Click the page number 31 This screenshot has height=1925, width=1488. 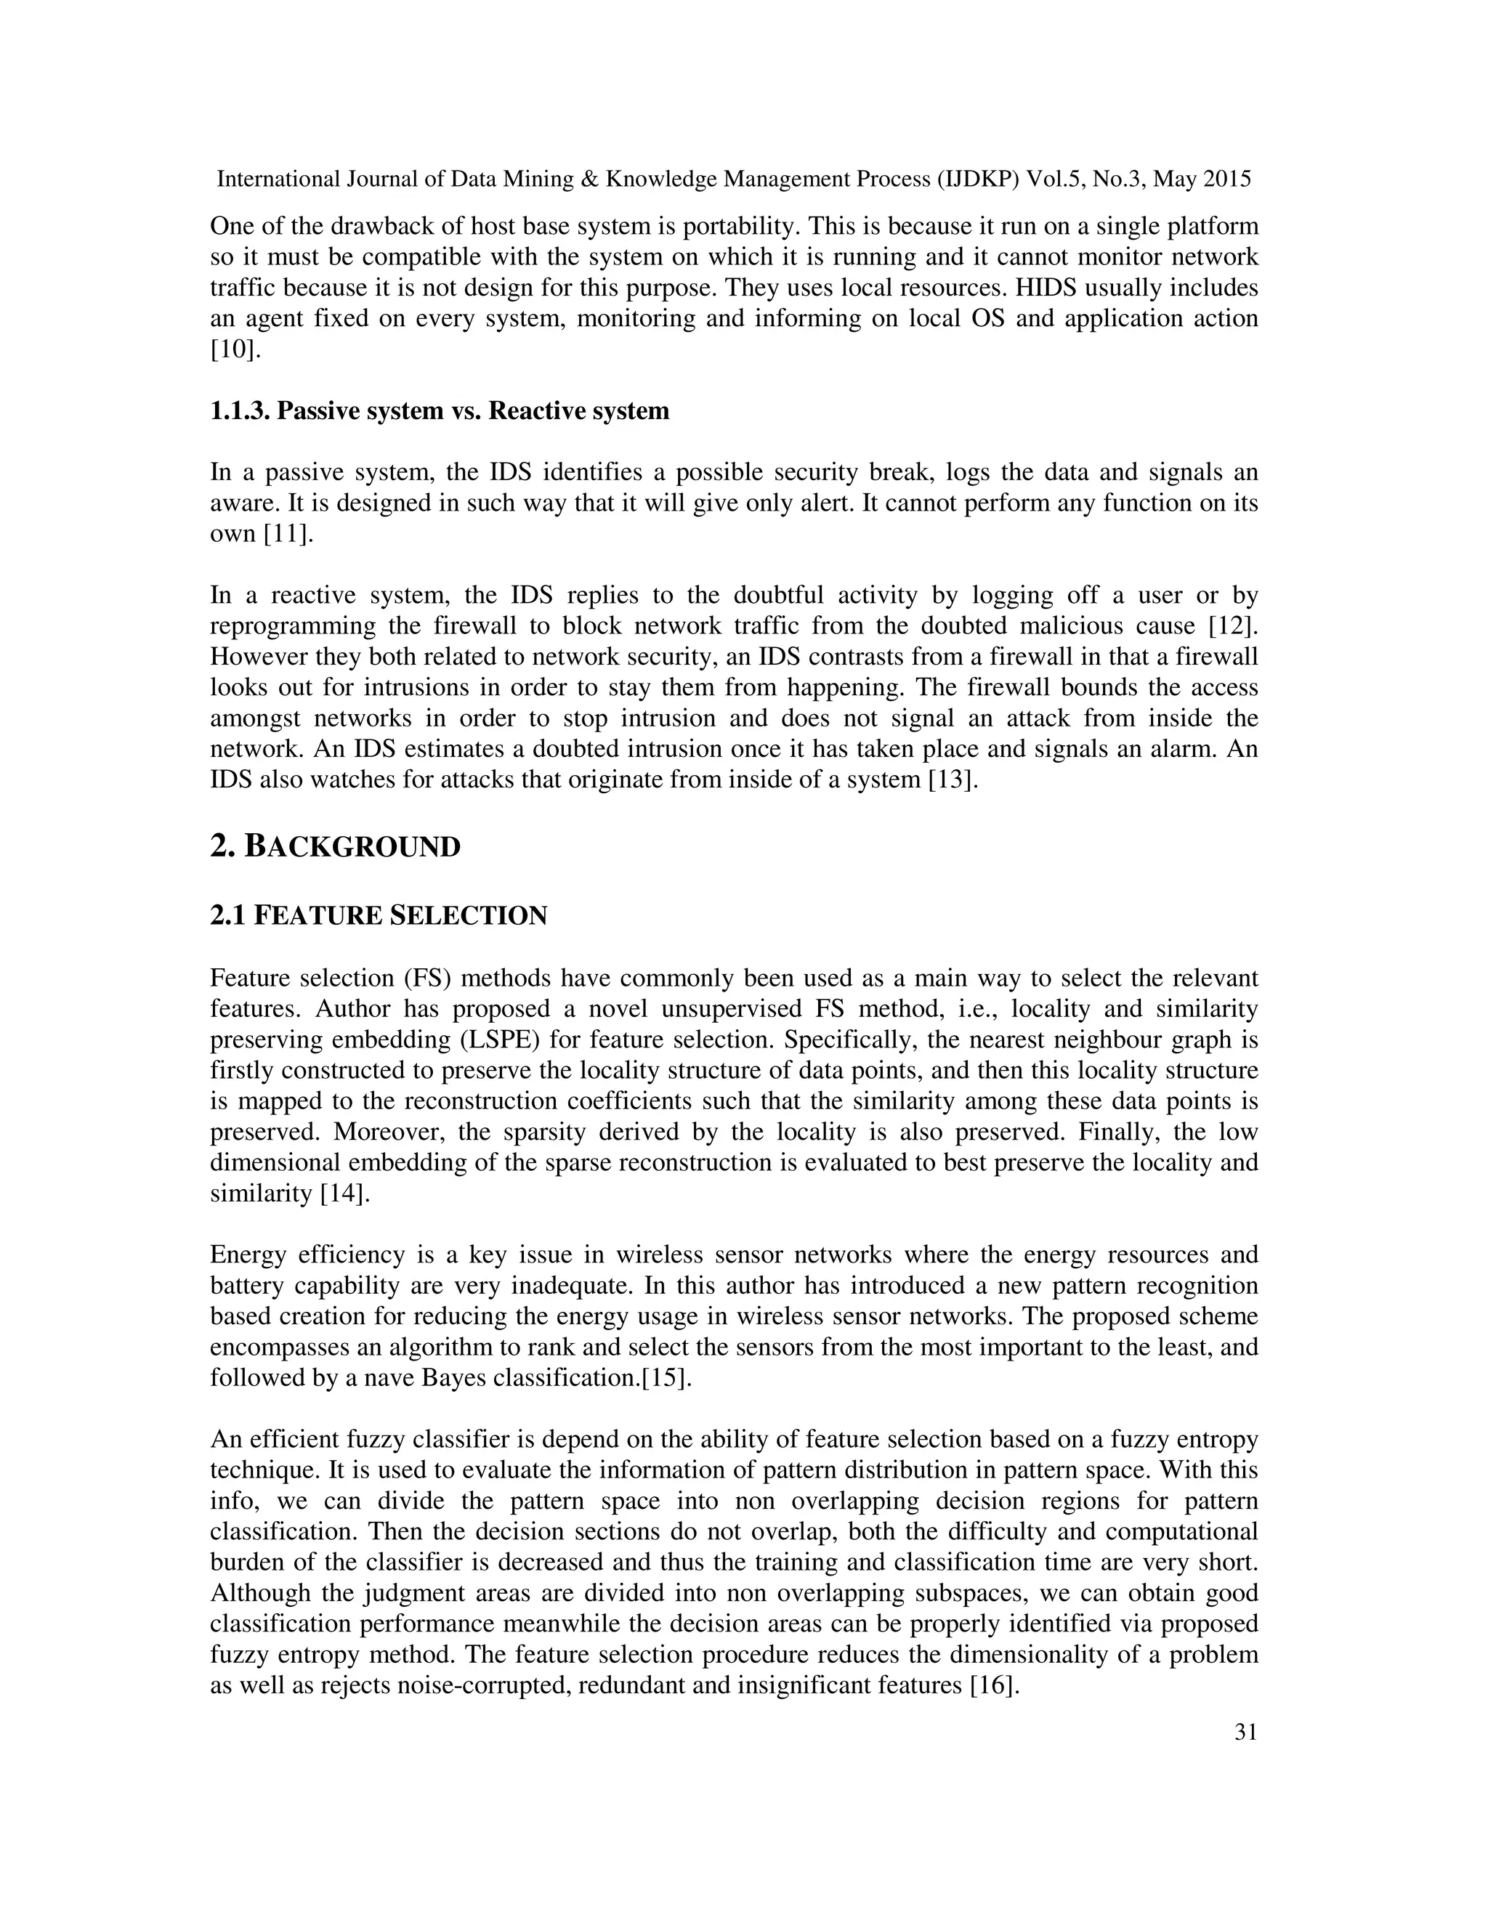1245,1732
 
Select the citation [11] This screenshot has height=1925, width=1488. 288,534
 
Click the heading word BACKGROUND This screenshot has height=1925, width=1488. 352,847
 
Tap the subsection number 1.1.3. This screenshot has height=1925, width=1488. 240,410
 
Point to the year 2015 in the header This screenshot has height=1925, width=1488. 1226,180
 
